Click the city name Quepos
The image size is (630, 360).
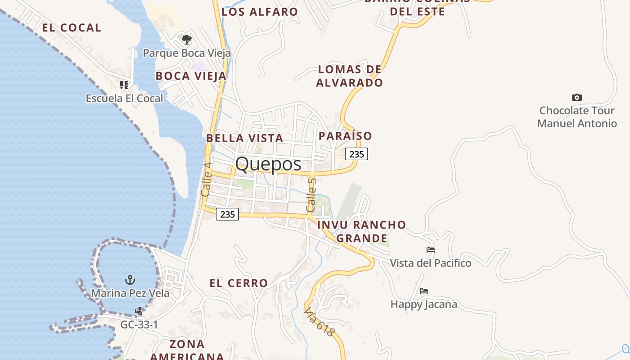pyautogui.click(x=268, y=164)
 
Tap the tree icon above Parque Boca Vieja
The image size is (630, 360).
pyautogui.click(x=187, y=40)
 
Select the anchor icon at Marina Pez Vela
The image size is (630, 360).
pyautogui.click(x=130, y=280)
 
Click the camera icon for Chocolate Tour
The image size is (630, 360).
pyautogui.click(x=576, y=97)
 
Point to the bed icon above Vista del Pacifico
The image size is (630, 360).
pyautogui.click(x=431, y=250)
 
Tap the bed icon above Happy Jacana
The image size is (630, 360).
pyautogui.click(x=423, y=291)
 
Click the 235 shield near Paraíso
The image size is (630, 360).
pyautogui.click(x=356, y=154)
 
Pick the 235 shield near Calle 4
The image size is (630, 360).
pyautogui.click(x=227, y=214)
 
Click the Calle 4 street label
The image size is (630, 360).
pyautogui.click(x=206, y=179)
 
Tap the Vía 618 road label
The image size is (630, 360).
pyautogui.click(x=319, y=322)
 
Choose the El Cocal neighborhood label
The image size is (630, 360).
pyautogui.click(x=72, y=27)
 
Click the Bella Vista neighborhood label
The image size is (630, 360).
pyautogui.click(x=245, y=138)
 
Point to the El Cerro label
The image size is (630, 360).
pyautogui.click(x=239, y=283)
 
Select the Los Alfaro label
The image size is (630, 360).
pyautogui.click(x=260, y=12)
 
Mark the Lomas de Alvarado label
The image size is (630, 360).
pyautogui.click(x=350, y=76)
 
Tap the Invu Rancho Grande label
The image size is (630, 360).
pyautogui.click(x=362, y=231)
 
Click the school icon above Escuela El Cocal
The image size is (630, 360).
pyautogui.click(x=124, y=85)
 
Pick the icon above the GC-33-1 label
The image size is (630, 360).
pyautogui.click(x=139, y=311)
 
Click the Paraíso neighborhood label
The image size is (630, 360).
pyautogui.click(x=346, y=136)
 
